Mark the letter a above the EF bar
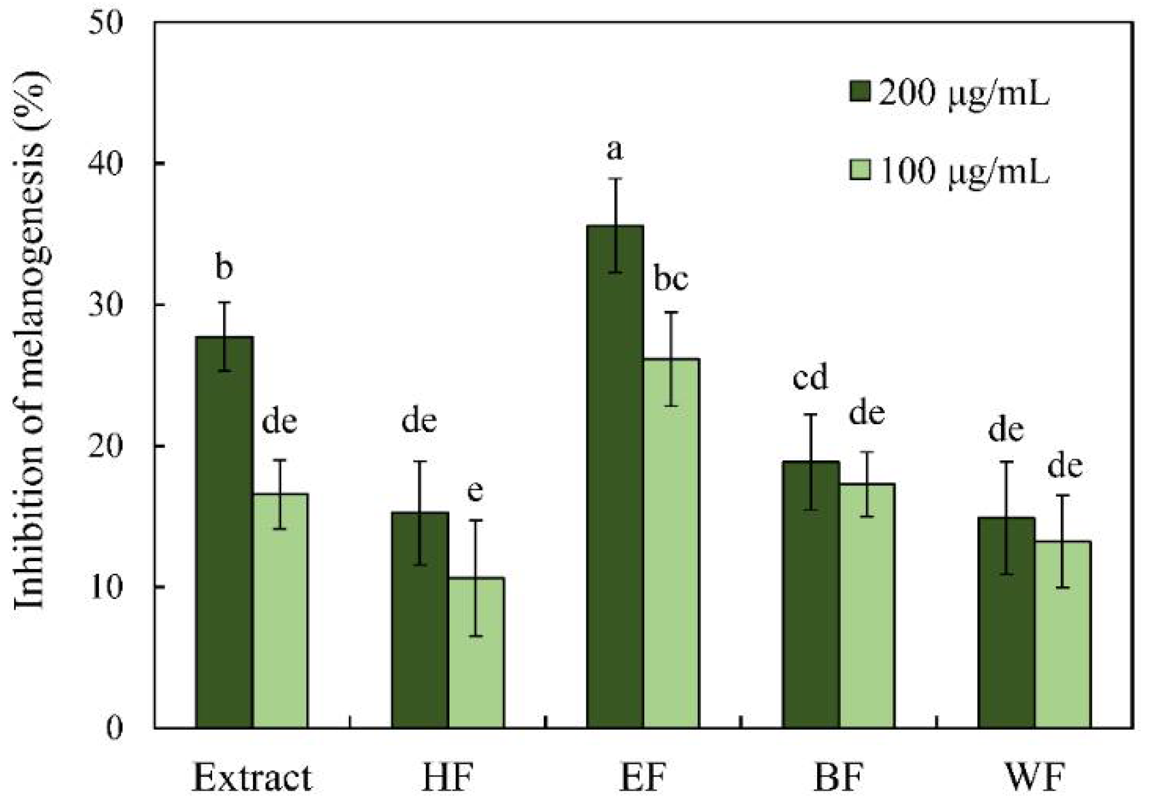pos(615,150)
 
